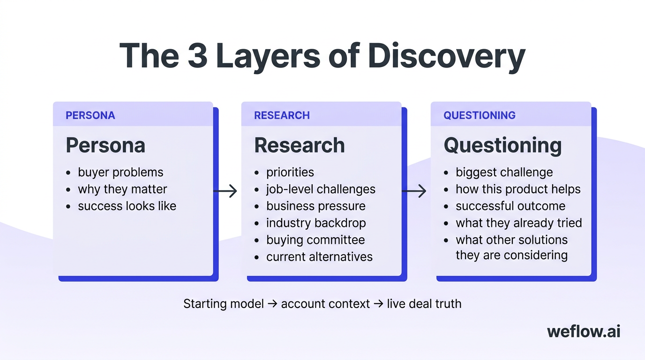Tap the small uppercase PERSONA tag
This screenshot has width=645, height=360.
[90, 115]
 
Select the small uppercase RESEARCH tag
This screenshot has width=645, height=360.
[282, 115]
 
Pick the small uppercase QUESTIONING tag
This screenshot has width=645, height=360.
[480, 115]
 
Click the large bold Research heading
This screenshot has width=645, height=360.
[299, 145]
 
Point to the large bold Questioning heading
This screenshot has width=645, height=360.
[502, 145]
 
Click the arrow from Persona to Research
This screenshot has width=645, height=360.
[225, 191]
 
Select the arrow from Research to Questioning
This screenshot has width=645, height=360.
[414, 191]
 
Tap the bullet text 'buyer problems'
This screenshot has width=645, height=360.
[120, 172]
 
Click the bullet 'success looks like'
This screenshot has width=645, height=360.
[127, 206]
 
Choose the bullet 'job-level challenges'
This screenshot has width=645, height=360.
[321, 189]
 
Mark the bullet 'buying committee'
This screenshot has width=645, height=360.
[315, 240]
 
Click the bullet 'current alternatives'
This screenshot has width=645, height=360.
[319, 256]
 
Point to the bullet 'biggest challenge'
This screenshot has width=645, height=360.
[504, 172]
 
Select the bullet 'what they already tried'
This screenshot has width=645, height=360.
[518, 223]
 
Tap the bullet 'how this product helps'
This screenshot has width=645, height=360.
[518, 189]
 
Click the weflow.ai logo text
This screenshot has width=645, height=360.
[584, 331]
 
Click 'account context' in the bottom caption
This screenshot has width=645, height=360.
[325, 303]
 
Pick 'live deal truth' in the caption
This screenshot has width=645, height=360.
[424, 303]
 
